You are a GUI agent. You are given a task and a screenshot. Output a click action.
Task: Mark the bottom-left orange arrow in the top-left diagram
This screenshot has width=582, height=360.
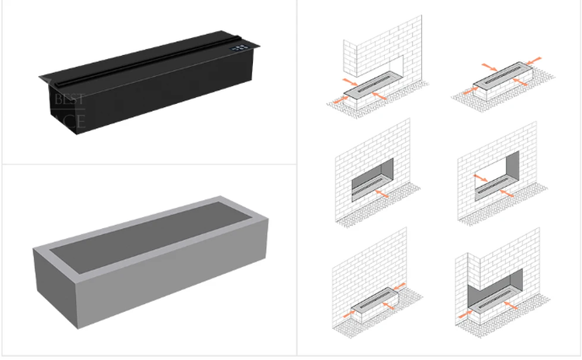(338, 98)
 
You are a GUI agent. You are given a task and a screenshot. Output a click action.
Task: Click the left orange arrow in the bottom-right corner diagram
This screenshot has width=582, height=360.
(466, 315)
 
